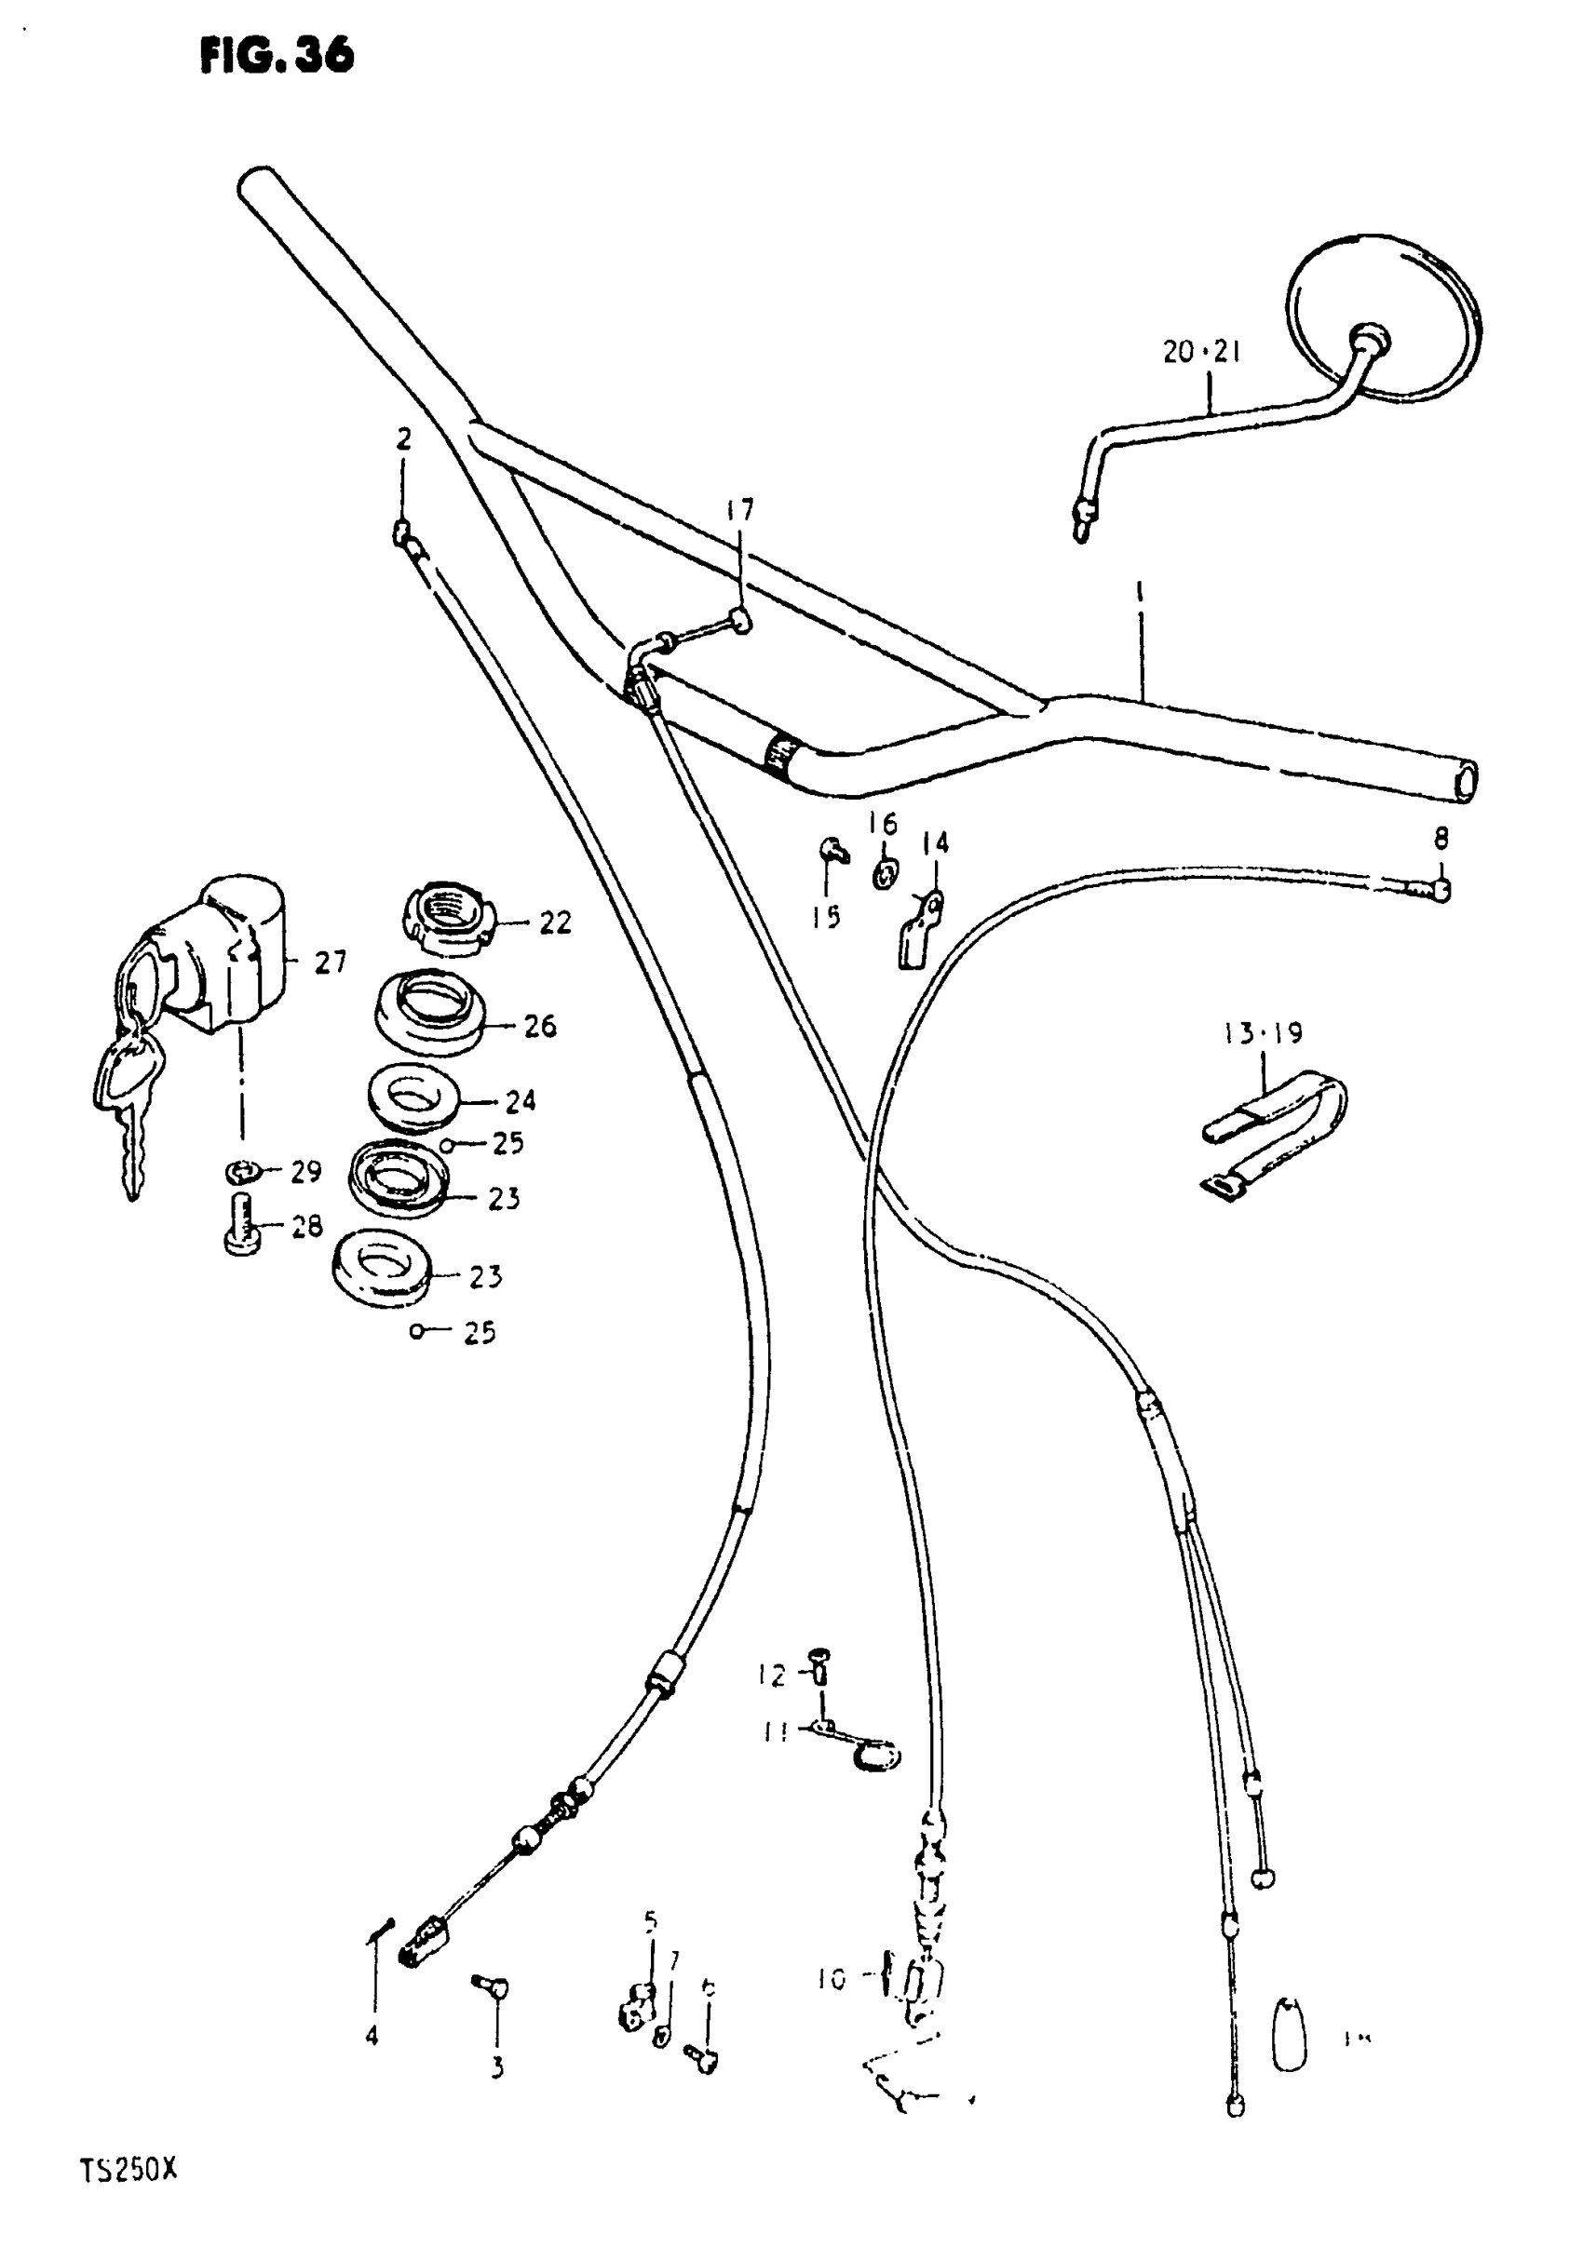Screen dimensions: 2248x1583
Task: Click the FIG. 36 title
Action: coord(277,56)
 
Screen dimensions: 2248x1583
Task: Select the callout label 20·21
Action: coord(1201,352)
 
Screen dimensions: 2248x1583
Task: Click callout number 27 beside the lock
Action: coord(331,962)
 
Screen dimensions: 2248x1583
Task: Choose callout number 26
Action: coord(540,1026)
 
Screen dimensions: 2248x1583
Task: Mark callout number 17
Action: coord(740,510)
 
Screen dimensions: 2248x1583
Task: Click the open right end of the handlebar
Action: coord(1465,783)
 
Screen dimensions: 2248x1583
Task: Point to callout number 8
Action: coord(1440,838)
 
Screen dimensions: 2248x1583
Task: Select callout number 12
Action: coord(772,1676)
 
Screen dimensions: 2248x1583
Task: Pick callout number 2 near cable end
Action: coord(403,439)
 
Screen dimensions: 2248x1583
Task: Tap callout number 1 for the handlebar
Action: coord(1139,593)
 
